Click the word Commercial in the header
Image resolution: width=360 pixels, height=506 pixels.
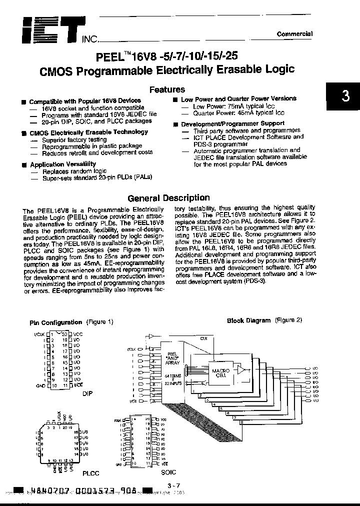[294, 34]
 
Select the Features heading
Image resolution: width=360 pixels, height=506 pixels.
[167, 89]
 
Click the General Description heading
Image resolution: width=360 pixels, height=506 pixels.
[168, 198]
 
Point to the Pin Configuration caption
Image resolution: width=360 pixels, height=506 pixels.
[55, 322]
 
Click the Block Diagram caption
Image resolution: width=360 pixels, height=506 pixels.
[248, 320]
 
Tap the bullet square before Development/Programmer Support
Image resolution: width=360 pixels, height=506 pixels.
[175, 123]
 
